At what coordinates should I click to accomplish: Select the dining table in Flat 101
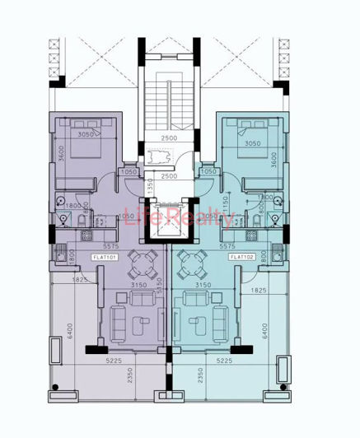[145, 265]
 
